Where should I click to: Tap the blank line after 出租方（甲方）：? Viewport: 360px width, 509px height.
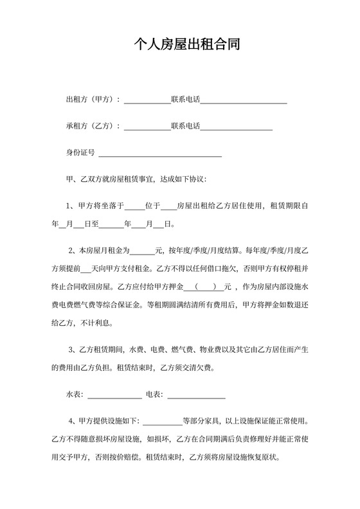(147, 100)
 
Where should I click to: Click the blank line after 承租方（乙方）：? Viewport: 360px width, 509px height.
(147, 127)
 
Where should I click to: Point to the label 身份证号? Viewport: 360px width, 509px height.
(80, 153)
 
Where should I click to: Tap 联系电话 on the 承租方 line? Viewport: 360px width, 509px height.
(186, 126)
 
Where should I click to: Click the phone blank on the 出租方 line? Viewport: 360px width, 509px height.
(244, 100)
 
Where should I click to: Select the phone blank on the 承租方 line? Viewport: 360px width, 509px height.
(237, 127)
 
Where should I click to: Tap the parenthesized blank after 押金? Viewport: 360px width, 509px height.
(204, 287)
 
